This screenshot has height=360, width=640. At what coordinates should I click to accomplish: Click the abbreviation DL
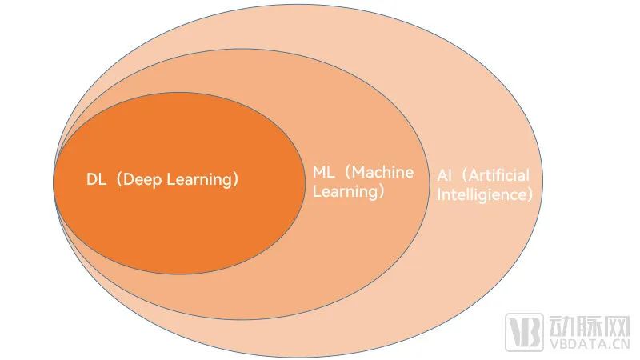tap(95, 179)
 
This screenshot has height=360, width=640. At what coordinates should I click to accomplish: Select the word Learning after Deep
tap(195, 179)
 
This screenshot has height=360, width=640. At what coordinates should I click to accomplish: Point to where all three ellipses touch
tap(54, 181)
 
